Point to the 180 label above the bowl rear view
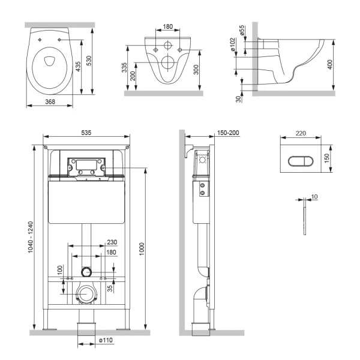click(x=168, y=27)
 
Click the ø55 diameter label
click(x=242, y=31)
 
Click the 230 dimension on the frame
click(x=112, y=242)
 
